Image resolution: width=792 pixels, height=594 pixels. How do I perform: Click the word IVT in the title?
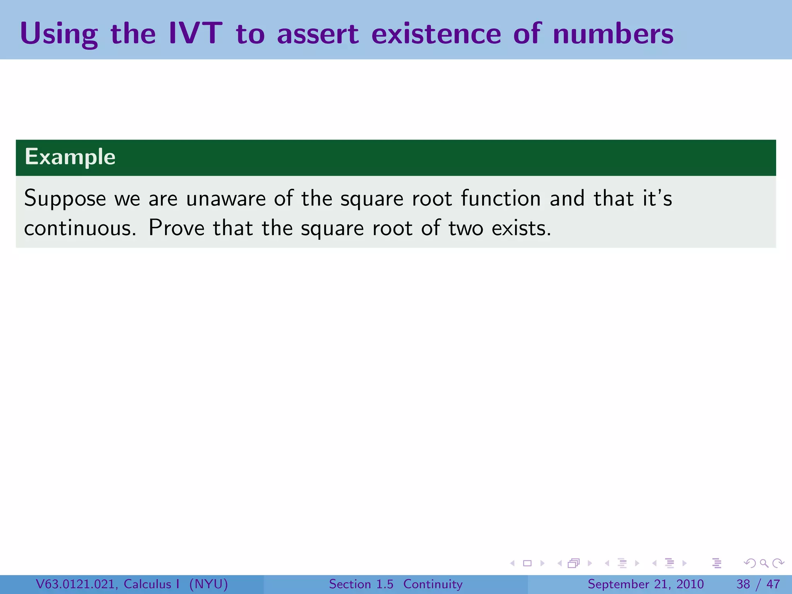click(195, 33)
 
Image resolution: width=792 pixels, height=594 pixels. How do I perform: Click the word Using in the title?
click(59, 35)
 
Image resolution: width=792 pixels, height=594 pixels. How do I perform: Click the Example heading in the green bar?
click(70, 157)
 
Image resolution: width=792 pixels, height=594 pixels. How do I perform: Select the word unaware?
click(226, 199)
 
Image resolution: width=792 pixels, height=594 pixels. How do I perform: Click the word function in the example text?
click(501, 199)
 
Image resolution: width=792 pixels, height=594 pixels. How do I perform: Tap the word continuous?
click(80, 228)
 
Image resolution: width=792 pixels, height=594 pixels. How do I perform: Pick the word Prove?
click(176, 228)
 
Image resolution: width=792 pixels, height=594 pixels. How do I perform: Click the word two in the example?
click(466, 228)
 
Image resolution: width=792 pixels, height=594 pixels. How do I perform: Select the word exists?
click(521, 228)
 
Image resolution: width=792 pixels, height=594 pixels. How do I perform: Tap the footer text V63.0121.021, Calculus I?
click(108, 584)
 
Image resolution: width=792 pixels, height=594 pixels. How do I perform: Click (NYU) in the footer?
click(208, 584)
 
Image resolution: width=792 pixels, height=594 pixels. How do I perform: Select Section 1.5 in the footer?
click(361, 584)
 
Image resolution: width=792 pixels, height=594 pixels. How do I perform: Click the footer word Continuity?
click(433, 584)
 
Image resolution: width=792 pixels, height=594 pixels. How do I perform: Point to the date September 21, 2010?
click(645, 584)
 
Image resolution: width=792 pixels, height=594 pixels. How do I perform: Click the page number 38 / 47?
click(758, 584)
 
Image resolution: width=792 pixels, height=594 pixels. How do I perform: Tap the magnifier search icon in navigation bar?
click(764, 563)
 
